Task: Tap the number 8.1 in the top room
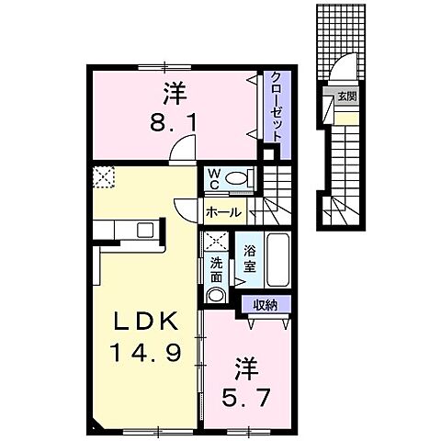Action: coord(171,120)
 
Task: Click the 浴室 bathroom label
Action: coord(248,259)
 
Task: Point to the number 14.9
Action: coord(144,352)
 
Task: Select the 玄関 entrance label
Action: coord(345,96)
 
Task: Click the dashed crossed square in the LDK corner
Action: coord(101,175)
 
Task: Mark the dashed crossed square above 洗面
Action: coord(217,242)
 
